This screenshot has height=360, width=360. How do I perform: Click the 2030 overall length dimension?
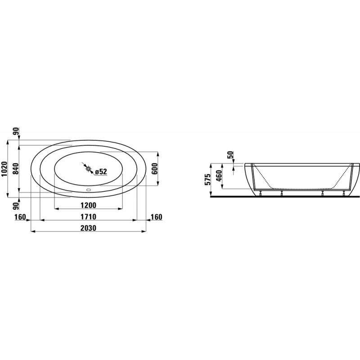coord(88,228)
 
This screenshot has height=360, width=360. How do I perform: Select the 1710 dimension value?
coord(88,217)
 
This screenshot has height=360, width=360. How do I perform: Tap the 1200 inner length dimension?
coord(88,205)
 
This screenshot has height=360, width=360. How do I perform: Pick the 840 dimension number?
coord(16,169)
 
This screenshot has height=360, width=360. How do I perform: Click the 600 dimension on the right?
coord(154,169)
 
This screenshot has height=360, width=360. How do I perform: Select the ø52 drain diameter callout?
coord(101,171)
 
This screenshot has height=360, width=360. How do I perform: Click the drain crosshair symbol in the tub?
coord(89,169)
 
